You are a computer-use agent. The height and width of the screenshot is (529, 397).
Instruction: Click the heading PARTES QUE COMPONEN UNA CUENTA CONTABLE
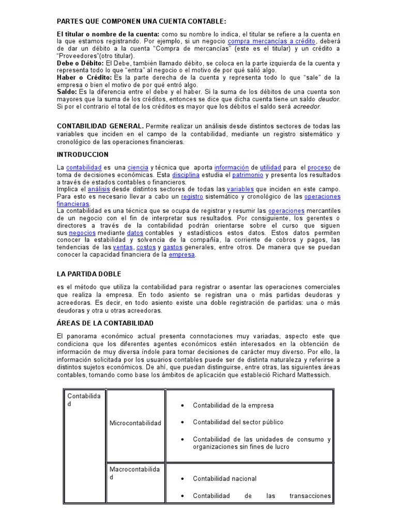point(141,21)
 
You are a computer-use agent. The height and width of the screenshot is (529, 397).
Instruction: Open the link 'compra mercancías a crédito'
point(271,41)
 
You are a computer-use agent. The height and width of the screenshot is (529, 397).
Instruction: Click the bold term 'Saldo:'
point(67,92)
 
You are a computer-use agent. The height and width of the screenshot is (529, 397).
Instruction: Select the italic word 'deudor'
point(329,99)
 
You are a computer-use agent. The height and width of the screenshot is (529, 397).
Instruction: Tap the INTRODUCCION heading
point(82,154)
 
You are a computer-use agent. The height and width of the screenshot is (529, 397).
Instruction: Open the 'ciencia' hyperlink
point(138,168)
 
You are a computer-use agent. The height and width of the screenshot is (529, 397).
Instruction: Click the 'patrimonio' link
point(248,175)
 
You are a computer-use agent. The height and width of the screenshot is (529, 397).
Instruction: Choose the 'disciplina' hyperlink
point(186,175)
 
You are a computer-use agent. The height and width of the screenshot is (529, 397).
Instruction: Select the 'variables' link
point(240,190)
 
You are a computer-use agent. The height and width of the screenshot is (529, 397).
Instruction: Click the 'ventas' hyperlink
point(123,247)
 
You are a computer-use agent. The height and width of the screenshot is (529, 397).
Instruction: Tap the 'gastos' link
point(172,247)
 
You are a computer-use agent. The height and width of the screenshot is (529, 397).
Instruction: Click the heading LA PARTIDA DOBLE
point(88,274)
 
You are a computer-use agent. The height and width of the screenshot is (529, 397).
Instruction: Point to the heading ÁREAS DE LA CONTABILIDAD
point(105,323)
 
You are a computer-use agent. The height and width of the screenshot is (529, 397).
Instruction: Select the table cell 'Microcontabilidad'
point(135,423)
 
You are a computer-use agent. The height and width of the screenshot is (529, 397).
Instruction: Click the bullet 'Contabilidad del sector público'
point(238,422)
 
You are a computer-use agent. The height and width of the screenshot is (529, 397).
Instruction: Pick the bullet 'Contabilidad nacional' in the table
point(224,479)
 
